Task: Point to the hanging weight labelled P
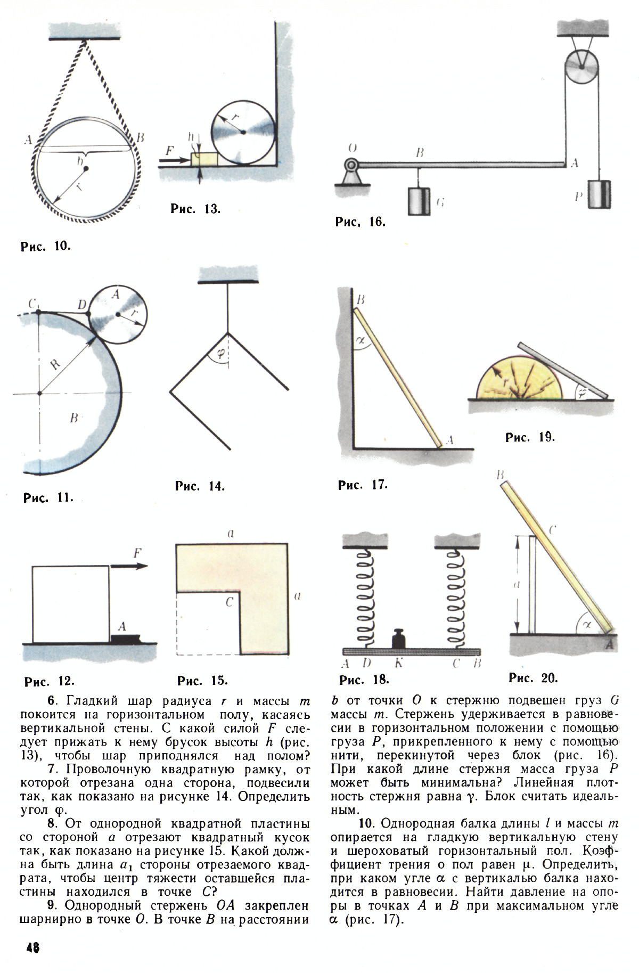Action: [600, 194]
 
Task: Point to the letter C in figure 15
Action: [229, 602]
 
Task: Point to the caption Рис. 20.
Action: [533, 677]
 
